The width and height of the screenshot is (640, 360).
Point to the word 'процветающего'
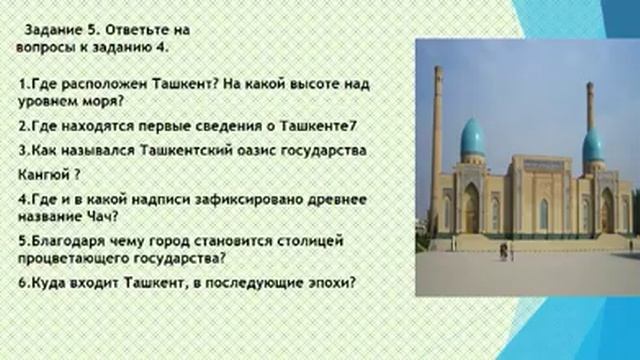pos(70,257)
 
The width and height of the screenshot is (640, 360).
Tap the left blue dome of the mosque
pos(472,138)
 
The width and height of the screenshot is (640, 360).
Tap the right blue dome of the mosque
pos(594,145)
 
